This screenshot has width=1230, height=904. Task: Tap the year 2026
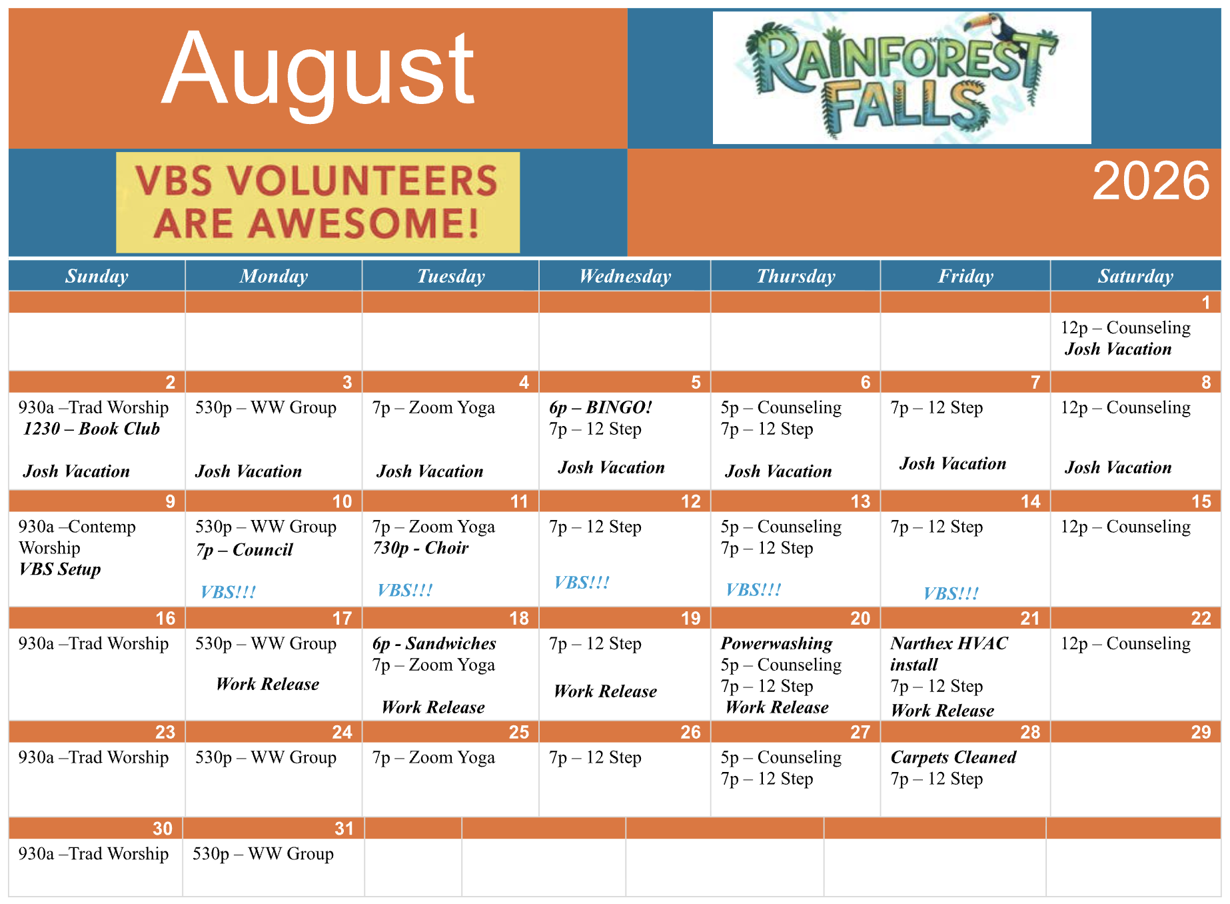point(1151,181)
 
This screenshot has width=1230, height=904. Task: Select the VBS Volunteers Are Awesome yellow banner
point(318,202)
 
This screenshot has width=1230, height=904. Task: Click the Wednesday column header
point(625,276)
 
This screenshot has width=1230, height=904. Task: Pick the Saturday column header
point(1135,276)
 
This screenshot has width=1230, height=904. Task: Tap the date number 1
point(1205,303)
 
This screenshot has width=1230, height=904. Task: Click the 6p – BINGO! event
point(600,407)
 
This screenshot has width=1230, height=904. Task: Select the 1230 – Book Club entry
point(91,429)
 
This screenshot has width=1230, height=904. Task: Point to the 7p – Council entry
point(244,550)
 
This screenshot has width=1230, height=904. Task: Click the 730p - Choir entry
point(420,548)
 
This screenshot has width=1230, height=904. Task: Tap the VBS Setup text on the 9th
point(60,569)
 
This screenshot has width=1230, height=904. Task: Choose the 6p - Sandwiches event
point(434,643)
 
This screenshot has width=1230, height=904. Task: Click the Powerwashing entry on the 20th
point(777,643)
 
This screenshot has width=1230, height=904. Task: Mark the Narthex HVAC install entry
point(949,654)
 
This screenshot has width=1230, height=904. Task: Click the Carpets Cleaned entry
point(953,757)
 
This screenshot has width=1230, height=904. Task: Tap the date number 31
point(344,829)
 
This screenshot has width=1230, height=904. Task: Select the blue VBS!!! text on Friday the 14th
point(951,593)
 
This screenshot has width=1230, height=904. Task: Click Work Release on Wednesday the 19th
point(605,691)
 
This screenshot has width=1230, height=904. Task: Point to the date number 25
point(519,732)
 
